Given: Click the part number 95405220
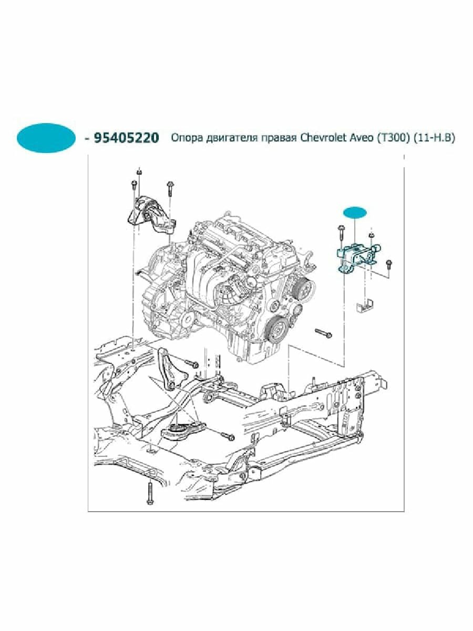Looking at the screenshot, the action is (126, 138).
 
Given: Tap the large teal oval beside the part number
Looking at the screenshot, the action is (47, 138).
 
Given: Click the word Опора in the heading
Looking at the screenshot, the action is (183, 138).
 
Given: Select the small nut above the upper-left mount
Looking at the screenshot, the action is (139, 171).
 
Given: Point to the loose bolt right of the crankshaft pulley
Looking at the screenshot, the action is (323, 332).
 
